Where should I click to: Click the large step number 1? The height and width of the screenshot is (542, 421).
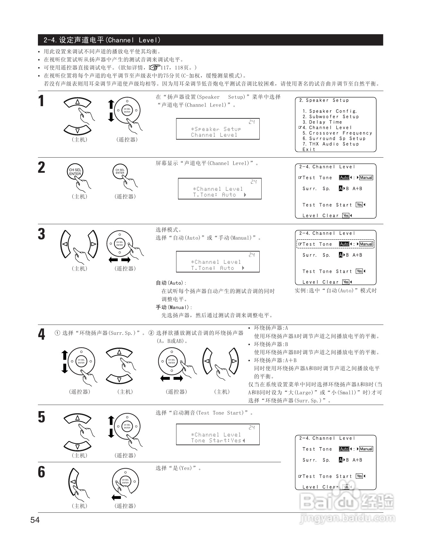point(41,101)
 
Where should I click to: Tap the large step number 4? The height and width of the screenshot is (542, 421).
point(41,335)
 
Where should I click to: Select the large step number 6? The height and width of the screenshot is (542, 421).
point(41,472)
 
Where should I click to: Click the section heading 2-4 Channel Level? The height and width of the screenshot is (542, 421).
point(102,40)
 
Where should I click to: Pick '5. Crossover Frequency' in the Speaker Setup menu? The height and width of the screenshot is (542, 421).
point(337,133)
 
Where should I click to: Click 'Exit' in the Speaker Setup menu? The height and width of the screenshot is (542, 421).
point(309,150)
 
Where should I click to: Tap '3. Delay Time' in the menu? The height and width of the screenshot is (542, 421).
point(322,122)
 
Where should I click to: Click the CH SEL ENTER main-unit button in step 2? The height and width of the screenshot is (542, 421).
point(75,172)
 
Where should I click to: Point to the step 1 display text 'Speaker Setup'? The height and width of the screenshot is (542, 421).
point(216,129)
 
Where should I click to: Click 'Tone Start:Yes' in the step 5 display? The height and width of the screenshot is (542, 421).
point(218,441)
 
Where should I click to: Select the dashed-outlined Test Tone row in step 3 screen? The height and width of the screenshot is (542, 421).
point(335,244)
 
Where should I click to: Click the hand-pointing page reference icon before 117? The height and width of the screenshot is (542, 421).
point(154,68)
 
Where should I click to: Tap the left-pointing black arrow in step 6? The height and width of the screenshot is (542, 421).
point(116,498)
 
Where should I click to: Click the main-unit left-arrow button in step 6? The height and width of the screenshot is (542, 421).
point(73,482)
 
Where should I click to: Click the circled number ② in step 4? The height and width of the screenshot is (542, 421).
point(151,333)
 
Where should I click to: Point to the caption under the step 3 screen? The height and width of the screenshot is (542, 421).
point(336,290)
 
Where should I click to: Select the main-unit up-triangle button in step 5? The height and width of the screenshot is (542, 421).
point(77,419)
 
